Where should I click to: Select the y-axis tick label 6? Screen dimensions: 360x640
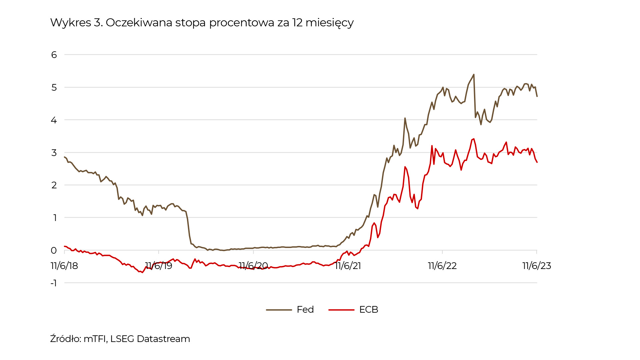(x=54, y=55)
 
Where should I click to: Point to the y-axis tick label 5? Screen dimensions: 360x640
(x=54, y=87)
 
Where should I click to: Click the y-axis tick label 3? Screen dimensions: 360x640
(x=54, y=153)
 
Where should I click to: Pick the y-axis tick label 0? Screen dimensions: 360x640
(x=54, y=250)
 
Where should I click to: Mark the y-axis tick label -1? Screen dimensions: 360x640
(x=54, y=283)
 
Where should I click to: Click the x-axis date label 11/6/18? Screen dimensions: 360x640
(x=64, y=266)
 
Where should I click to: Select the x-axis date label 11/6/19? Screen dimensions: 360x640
(x=159, y=266)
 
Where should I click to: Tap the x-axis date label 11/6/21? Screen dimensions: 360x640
(x=348, y=266)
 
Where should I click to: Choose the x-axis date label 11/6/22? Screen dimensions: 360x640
(x=442, y=266)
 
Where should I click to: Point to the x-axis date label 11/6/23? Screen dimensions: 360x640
(x=537, y=266)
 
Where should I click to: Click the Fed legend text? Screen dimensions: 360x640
(x=305, y=310)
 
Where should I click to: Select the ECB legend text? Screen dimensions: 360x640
(x=369, y=310)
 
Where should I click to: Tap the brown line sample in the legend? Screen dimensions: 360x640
(x=279, y=310)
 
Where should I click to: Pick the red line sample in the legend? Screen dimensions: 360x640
(x=341, y=310)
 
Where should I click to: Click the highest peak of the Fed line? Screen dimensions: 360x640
(x=474, y=75)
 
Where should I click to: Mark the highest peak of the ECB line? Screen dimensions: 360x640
(x=474, y=139)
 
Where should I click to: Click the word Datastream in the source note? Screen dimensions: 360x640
(x=163, y=339)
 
